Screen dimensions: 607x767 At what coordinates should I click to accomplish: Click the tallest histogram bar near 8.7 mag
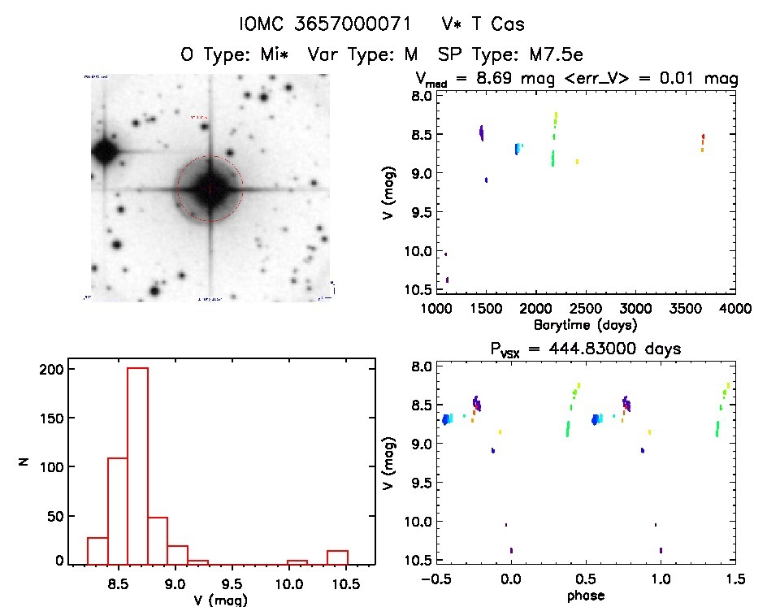pos(137,465)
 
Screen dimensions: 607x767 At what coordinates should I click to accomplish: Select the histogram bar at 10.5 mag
pos(337,557)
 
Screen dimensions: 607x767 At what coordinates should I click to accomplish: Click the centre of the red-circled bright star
pos(210,189)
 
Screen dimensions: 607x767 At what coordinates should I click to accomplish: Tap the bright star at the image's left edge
pos(102,150)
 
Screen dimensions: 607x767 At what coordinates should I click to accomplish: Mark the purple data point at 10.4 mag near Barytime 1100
pos(448,280)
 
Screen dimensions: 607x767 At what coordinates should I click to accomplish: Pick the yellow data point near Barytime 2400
pos(577,162)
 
